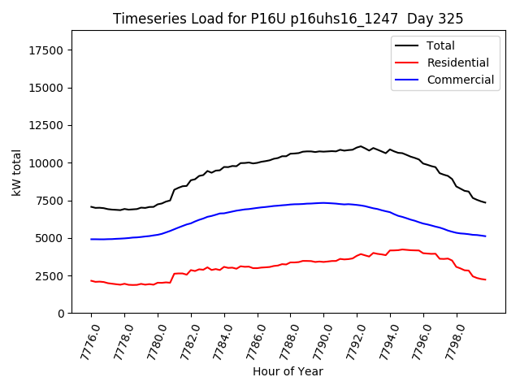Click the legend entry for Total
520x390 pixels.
point(440,45)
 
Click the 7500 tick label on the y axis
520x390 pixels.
point(51,201)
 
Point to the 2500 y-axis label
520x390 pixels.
point(51,276)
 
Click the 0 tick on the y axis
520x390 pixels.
point(62,314)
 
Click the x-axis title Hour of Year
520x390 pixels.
point(288,371)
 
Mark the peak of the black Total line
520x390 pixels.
point(361,146)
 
